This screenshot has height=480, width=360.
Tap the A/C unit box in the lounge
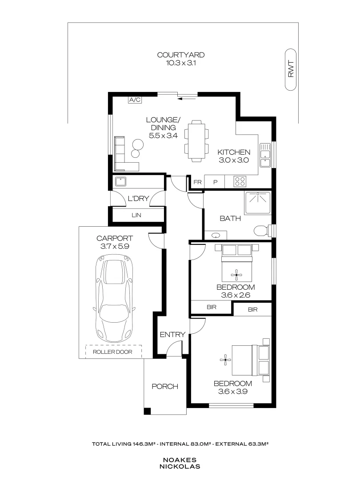135,100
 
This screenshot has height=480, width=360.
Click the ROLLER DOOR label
113,352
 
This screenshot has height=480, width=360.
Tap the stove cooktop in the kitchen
240,181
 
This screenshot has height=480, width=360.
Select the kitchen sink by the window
266,155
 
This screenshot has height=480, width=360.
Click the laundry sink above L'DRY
120,181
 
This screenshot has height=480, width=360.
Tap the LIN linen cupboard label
136,215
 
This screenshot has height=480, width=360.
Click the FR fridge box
197,182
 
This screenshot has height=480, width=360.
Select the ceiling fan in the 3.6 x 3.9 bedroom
226,360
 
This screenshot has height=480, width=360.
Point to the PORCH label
165,386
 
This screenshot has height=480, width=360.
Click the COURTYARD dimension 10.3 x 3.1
180,64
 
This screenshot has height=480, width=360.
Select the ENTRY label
172,334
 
